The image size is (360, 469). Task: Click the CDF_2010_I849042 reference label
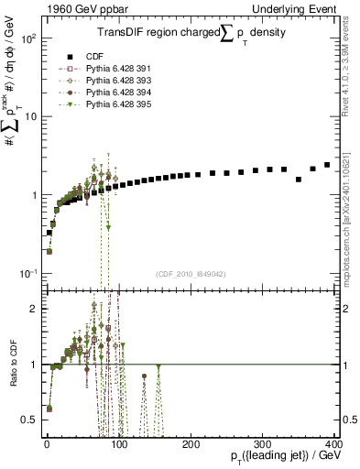(x=190, y=274)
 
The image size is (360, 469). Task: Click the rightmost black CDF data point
(x=327, y=165)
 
